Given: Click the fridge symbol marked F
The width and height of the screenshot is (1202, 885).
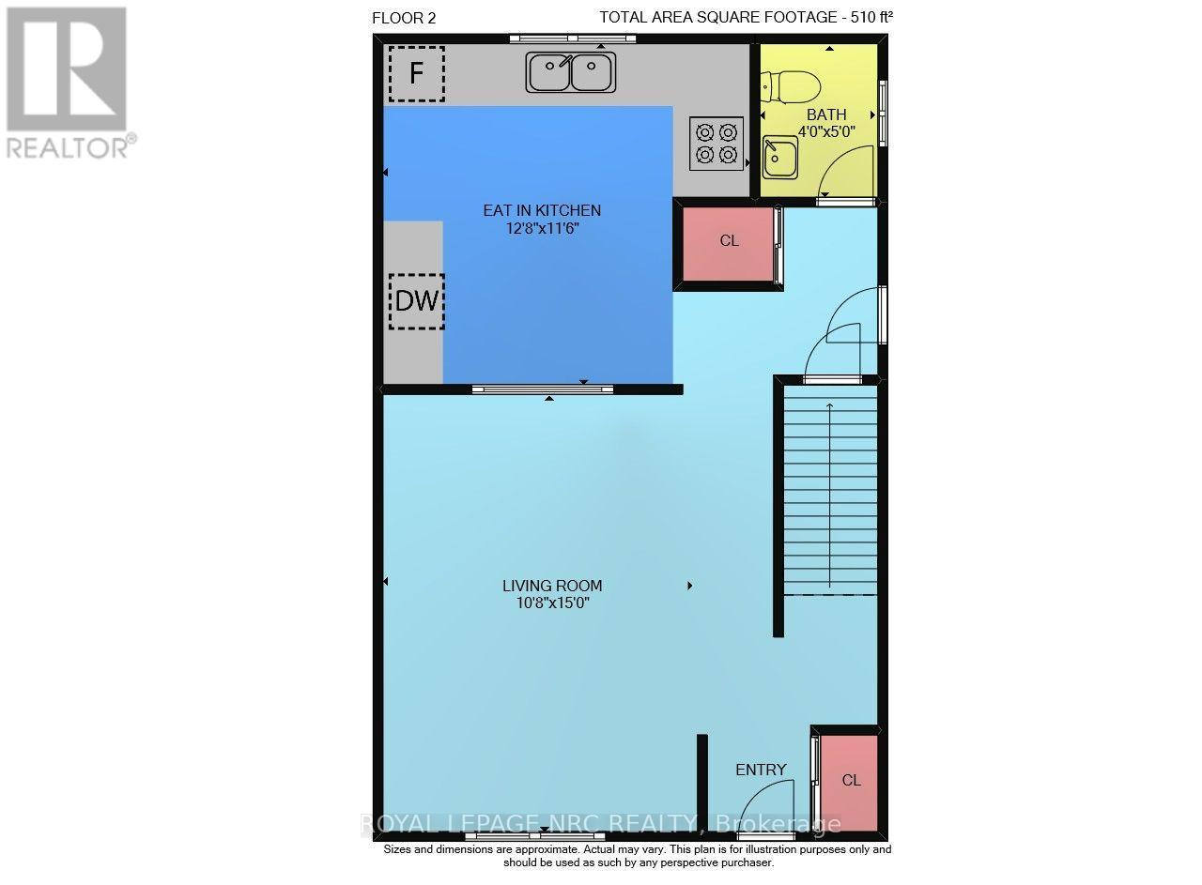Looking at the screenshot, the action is coord(417,74).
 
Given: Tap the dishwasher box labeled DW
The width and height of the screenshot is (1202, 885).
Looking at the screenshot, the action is coord(417,301).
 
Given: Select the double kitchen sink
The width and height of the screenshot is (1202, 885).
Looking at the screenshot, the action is coord(570,72).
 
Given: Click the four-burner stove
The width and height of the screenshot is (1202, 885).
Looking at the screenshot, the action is coord(717,144).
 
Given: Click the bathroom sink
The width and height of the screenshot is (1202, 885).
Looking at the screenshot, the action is coord(780,158).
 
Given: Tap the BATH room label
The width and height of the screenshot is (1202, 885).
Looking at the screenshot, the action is coord(826,114).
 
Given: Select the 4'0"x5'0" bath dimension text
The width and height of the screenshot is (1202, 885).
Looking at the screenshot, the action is coord(826,131).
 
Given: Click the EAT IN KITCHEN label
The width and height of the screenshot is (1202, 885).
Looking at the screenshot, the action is coord(542,210).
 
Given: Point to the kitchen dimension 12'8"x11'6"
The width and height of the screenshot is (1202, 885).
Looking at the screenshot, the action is coord(542,228).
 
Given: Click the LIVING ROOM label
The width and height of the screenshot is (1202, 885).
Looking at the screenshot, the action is coord(552,586).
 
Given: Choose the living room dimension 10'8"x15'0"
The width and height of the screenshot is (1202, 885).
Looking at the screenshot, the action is coord(553,603).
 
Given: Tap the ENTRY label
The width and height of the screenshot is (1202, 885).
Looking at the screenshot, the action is coord(761,771).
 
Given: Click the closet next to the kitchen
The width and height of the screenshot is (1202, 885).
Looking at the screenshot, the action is coord(728,244).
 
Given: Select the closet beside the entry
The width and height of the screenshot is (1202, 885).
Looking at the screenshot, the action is coord(850,783).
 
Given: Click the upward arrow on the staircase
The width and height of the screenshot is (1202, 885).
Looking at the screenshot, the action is coord(829,496).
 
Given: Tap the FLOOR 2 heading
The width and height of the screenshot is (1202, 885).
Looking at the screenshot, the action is coord(404,18).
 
